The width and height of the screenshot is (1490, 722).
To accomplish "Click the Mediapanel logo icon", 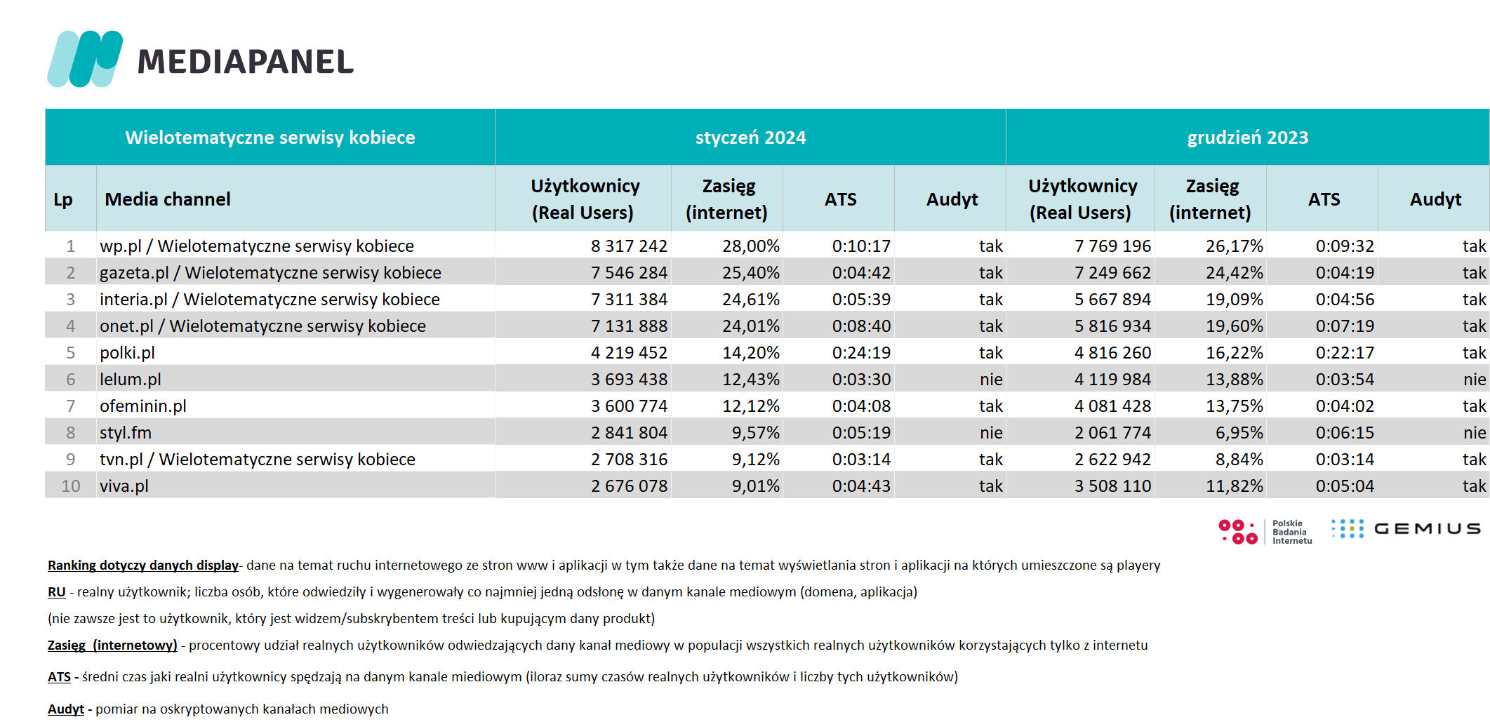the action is tap(85, 59).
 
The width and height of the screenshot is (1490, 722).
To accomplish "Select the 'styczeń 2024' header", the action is tap(750, 138).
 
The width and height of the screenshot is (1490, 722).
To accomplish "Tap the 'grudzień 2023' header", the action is tap(1247, 138).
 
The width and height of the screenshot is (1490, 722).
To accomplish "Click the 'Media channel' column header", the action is tap(168, 199).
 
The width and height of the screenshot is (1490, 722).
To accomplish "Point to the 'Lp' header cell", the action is tap(63, 200).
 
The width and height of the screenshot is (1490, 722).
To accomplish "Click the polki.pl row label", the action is tap(127, 352).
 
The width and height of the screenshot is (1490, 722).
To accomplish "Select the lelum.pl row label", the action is tap(131, 379).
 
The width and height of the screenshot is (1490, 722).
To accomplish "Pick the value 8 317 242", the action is tap(629, 246).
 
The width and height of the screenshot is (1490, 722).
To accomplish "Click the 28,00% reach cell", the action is tap(750, 246).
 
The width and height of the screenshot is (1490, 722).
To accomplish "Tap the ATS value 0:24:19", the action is tap(861, 352).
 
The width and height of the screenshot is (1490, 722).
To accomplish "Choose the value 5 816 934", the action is tap(1112, 326).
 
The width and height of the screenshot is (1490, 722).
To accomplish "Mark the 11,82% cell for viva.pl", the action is tap(1234, 486).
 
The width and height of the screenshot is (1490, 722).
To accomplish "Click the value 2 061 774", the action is tap(1112, 432).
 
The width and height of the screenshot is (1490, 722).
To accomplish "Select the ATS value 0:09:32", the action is tap(1345, 246).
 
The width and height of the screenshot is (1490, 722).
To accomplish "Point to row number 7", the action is tap(70, 406).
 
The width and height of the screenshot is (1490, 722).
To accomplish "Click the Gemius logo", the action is tap(1406, 528).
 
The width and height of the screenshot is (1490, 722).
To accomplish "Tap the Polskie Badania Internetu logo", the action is tap(1265, 531).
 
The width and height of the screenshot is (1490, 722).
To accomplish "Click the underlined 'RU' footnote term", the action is tap(56, 591).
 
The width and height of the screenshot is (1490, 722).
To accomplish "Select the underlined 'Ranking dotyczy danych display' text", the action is tap(143, 565).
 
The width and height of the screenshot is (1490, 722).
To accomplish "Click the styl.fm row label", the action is tap(126, 432).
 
